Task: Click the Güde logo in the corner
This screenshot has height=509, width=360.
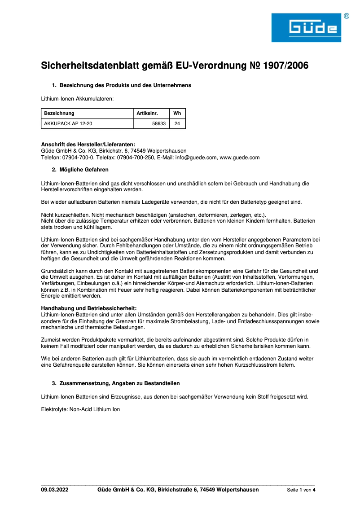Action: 306,28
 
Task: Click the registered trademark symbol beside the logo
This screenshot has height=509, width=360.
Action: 346,16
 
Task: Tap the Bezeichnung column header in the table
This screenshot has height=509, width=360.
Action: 59,113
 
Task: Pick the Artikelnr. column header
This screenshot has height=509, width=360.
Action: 147,113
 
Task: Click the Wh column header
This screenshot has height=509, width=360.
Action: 177,113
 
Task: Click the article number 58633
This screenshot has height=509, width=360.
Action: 159,123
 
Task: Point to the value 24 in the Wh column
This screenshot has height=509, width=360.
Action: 177,123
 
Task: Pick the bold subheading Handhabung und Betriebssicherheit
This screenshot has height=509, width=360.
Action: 89,309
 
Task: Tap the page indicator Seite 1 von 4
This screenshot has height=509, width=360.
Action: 301,490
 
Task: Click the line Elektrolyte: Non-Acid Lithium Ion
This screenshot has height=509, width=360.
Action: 80,409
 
